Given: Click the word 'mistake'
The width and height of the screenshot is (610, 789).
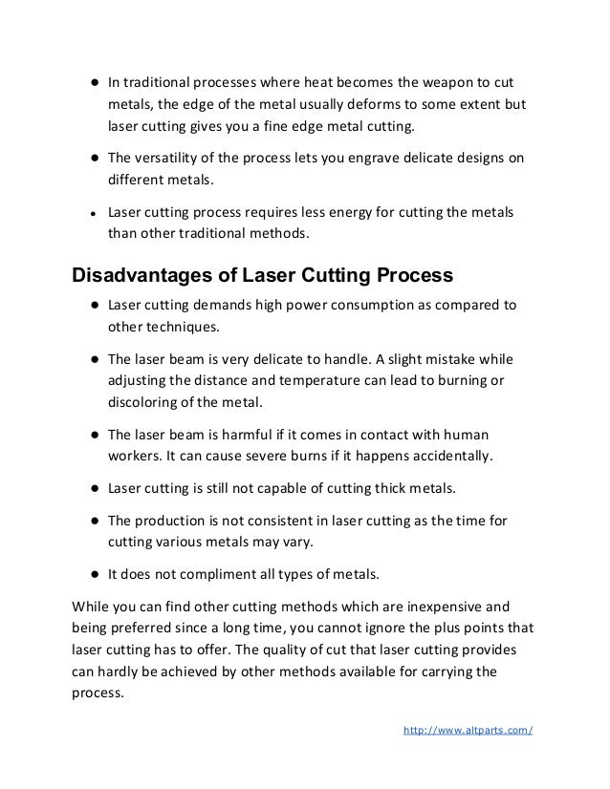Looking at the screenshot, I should (453, 360).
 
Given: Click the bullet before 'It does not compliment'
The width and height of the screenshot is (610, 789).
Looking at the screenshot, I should (84, 576).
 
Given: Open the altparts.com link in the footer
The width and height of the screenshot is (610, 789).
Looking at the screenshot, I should (468, 732).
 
